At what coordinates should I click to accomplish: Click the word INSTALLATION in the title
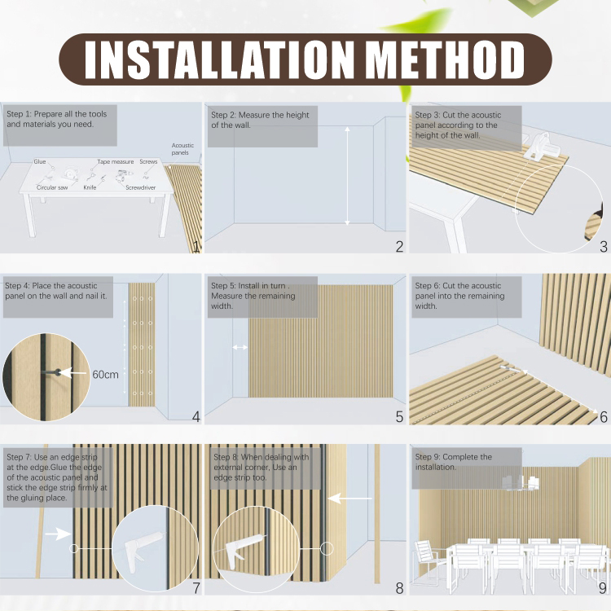[x=219, y=59]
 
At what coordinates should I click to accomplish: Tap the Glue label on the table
[x=40, y=162]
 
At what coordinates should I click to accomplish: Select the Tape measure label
[x=116, y=162]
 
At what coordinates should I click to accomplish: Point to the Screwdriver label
[x=140, y=187]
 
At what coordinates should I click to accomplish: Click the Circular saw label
[x=52, y=187]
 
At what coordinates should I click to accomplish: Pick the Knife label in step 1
[x=90, y=187]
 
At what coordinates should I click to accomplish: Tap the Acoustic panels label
[x=182, y=149]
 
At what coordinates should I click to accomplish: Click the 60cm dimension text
[x=105, y=375]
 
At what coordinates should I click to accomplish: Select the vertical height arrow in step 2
[x=347, y=176]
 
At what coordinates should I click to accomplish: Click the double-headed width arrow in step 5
[x=240, y=347]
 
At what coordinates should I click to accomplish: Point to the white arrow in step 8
[x=350, y=498]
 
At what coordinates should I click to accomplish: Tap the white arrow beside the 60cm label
[x=73, y=373]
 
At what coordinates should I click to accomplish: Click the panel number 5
[x=399, y=417]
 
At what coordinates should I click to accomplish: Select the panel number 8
[x=399, y=588]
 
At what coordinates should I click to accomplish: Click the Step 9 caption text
[x=454, y=462]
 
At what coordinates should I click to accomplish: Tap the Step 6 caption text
[x=459, y=296]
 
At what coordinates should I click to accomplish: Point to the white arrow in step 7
[x=58, y=534]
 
